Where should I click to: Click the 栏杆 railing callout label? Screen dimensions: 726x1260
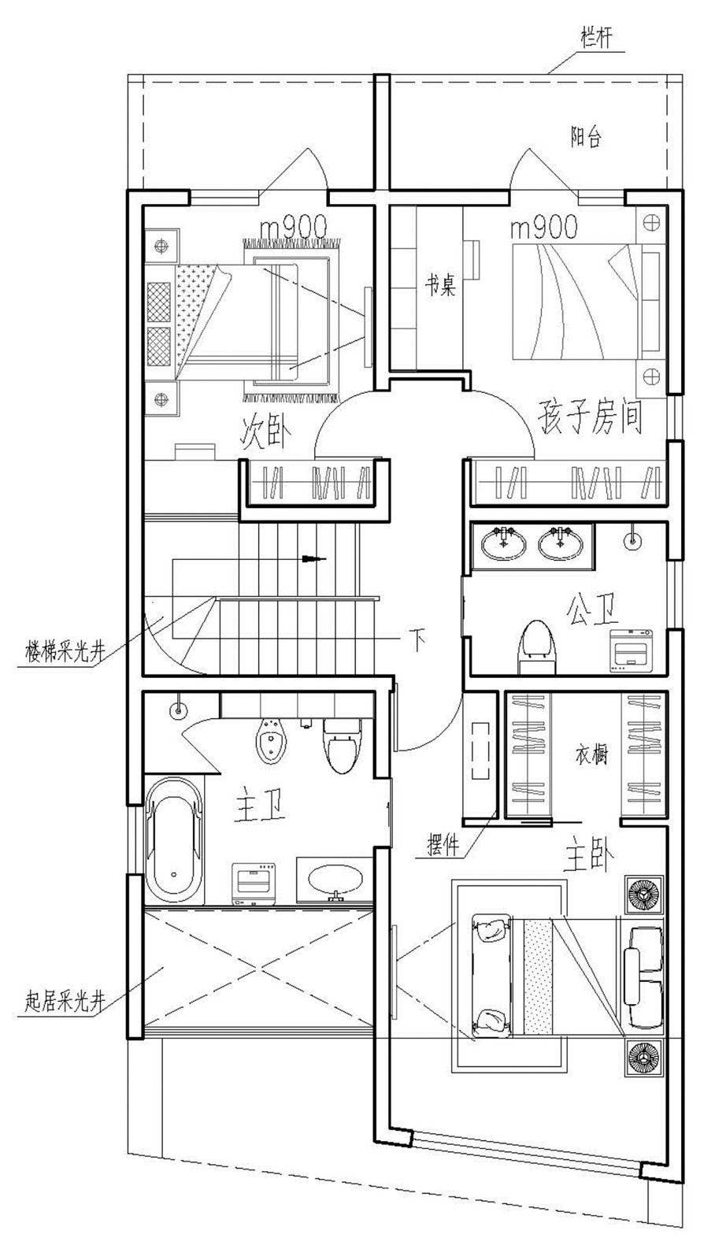click(596, 39)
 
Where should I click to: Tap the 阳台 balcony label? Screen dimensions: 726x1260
click(586, 137)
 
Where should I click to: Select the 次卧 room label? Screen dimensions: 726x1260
click(265, 433)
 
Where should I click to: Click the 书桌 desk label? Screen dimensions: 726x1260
click(440, 285)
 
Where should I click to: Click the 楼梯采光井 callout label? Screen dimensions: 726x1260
click(65, 652)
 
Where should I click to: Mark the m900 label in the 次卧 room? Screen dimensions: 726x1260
click(293, 228)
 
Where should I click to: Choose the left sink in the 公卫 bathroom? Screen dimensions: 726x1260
click(504, 543)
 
